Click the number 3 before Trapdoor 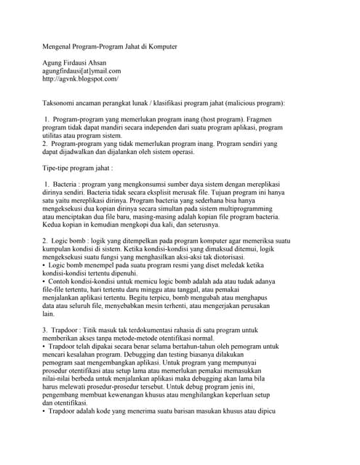pos(44,331)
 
